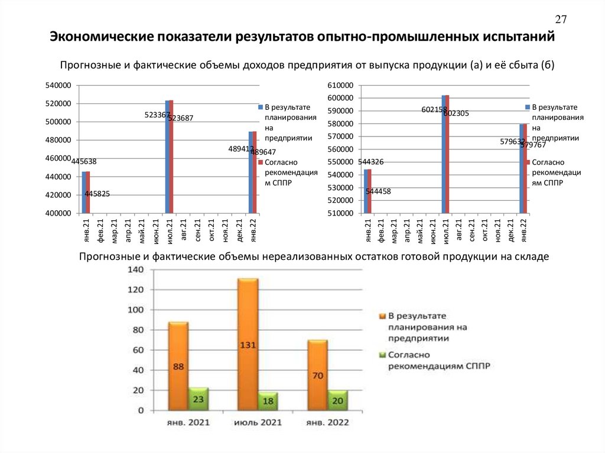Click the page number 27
coord(561,19)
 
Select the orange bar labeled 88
coord(178,366)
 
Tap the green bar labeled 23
coord(199,399)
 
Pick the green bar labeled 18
coord(268,402)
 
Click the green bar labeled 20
coord(337,400)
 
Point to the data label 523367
coord(157,115)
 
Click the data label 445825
coord(97,194)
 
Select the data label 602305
coord(456,113)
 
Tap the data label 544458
coord(378,191)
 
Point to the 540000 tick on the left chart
coord(58,86)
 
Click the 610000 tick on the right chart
coord(340,86)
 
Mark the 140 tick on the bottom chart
coord(136,270)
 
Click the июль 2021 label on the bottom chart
coord(258,423)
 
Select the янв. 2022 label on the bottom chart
coord(327,423)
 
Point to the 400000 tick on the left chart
coord(58,213)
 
